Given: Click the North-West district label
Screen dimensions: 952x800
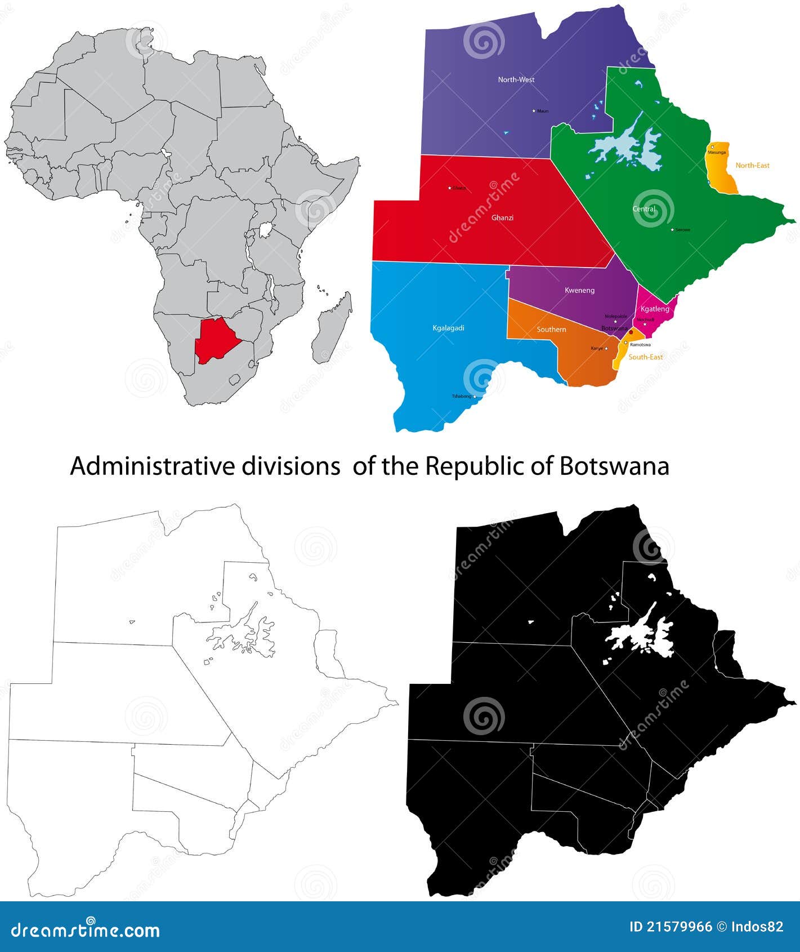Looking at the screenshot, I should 516,79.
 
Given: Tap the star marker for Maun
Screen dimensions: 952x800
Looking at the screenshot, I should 534,111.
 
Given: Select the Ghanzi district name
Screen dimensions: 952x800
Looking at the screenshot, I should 502,217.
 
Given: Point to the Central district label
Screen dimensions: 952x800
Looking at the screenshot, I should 643,209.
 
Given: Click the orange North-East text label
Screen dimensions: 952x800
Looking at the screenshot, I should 752,166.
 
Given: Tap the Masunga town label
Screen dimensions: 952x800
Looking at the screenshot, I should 717,153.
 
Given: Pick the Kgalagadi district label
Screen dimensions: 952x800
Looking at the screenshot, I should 448,328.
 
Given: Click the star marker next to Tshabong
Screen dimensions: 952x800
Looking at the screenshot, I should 475,397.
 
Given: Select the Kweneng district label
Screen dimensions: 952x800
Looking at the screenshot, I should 579,290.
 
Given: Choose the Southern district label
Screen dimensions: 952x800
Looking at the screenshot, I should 551,329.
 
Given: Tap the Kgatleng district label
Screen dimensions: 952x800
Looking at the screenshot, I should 655,309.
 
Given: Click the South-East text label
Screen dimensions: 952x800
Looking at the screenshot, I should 645,357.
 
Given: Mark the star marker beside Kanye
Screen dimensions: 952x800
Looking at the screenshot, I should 606,349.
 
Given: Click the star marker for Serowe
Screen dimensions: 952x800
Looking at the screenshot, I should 672,229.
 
